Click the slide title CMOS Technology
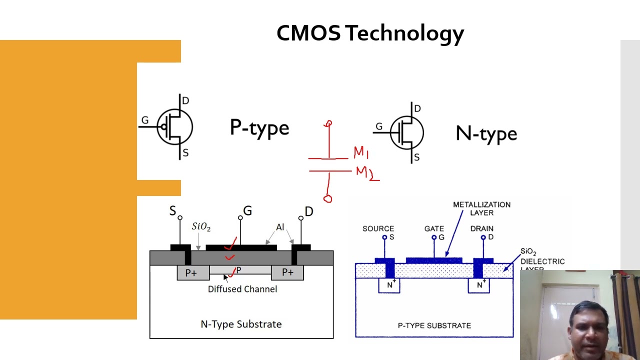coord(370,33)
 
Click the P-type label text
coord(259,128)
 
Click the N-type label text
coord(486,134)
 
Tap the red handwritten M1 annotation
coord(361,152)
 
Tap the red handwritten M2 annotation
coord(365,173)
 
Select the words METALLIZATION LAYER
coord(481,208)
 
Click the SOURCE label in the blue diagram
coord(378,228)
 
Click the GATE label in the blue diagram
coord(434,228)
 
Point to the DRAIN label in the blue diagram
coord(481,228)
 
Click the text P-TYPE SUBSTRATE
coord(434,325)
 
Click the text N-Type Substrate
coord(241,324)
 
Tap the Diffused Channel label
coord(242,289)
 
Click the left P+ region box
coord(191,272)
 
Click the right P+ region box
coord(287,272)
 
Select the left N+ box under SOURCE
coord(389,285)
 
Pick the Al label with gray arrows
coord(280,227)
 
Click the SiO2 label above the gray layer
coord(201,227)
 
